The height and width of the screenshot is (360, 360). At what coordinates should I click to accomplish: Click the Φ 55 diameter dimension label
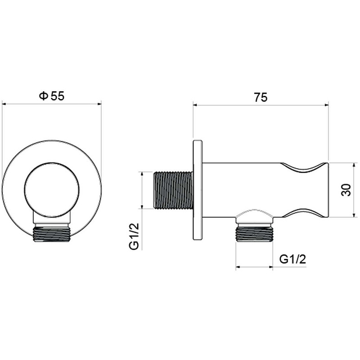(52, 96)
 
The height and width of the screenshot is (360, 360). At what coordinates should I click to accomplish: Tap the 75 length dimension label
(261, 97)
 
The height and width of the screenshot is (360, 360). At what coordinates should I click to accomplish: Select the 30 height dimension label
(346, 190)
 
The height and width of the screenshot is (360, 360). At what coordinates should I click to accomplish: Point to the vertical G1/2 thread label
(134, 236)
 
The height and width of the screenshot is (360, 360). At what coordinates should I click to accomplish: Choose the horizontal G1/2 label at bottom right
(293, 260)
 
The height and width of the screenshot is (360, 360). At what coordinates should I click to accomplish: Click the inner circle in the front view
(52, 189)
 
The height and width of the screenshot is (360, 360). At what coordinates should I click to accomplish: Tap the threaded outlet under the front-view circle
(52, 234)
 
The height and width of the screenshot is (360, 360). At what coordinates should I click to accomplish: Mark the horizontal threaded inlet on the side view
(173, 190)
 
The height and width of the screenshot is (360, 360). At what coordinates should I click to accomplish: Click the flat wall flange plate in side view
(198, 190)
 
